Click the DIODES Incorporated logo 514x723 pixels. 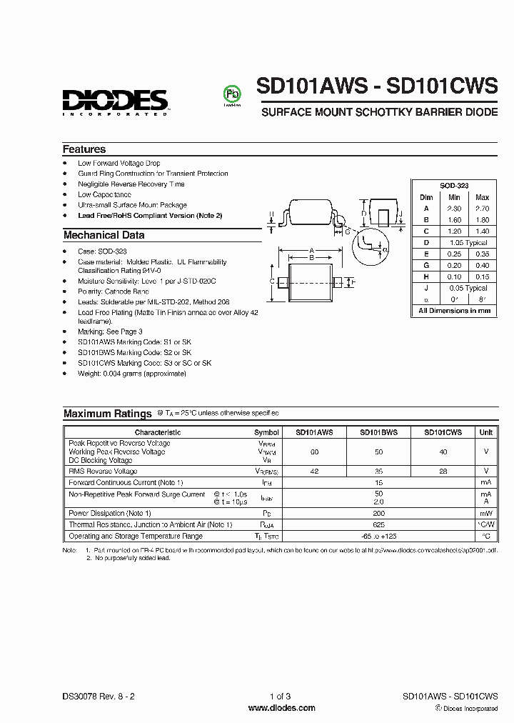(114, 101)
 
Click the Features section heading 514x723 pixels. (84, 149)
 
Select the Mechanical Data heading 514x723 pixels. (104, 235)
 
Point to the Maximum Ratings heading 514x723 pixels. (107, 414)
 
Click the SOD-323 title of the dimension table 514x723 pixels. (454, 185)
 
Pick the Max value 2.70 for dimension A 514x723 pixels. (482, 209)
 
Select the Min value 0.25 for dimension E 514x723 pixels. (454, 254)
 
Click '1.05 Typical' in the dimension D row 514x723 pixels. (468, 243)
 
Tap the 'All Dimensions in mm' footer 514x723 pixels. (454, 311)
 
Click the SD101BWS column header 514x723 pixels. (378, 432)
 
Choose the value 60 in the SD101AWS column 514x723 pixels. (314, 452)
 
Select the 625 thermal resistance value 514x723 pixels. (378, 524)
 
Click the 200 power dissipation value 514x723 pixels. (378, 513)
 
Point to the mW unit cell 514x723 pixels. (485, 513)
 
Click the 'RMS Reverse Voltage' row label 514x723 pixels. (104, 472)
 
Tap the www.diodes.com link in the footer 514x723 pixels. (281, 708)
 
